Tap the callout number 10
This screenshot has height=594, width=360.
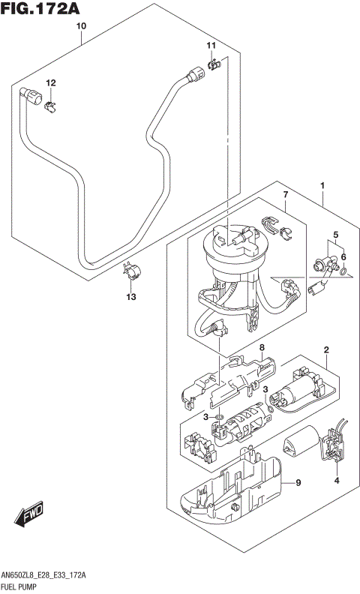point(82,26)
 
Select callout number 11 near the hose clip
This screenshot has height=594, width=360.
point(211,46)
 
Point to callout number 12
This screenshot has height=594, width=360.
point(51,82)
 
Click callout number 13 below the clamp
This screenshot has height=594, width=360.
point(130,298)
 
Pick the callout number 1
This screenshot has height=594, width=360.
point(322,185)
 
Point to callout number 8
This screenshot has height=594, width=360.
point(262,348)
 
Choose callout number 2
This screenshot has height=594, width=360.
point(327,350)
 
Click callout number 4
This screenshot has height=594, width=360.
point(337,480)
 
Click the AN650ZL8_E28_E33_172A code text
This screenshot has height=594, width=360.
point(49,574)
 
